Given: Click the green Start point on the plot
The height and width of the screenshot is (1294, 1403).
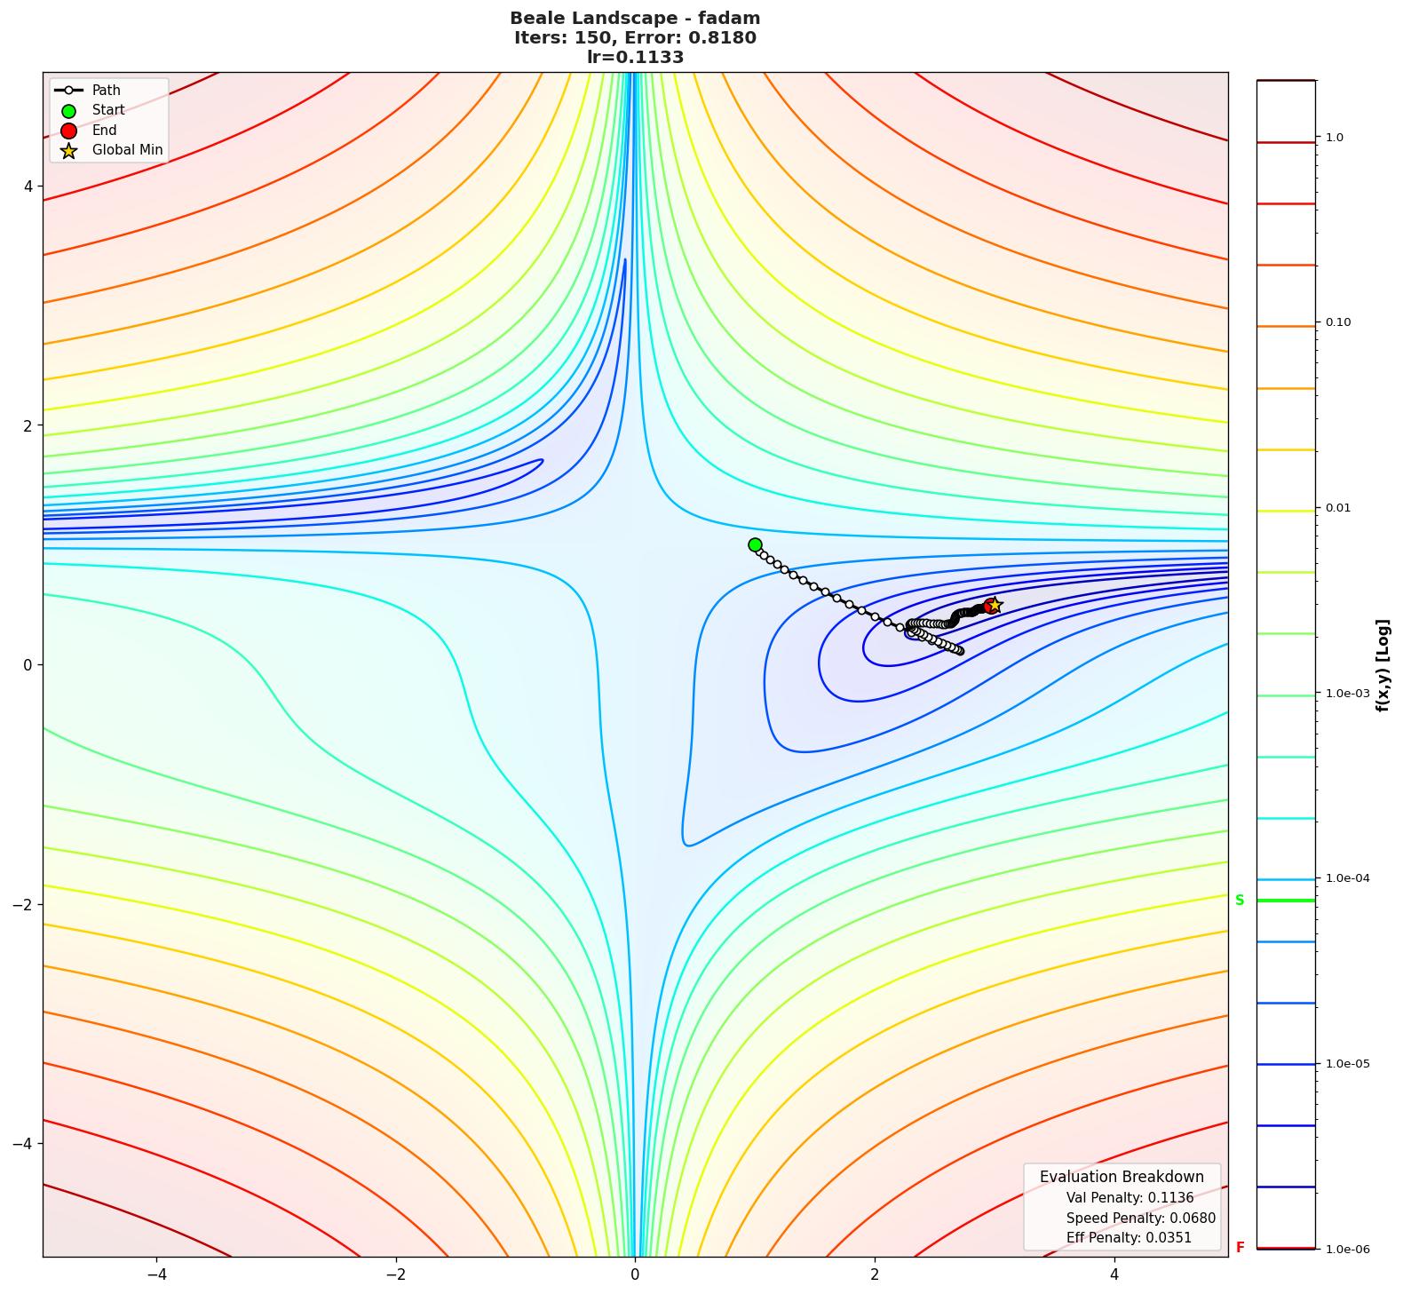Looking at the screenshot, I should pos(755,544).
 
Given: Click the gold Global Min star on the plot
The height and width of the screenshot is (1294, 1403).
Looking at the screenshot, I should pos(995,605).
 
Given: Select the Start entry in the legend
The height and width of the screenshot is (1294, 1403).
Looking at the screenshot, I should pos(108,110).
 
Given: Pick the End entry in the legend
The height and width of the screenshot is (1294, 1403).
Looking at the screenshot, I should pos(104,130).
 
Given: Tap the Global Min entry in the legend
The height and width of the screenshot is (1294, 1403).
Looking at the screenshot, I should pos(127,150).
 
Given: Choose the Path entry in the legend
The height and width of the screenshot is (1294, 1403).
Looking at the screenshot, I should pos(106,90).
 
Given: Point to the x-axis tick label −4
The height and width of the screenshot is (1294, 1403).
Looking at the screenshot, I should pos(156,1274).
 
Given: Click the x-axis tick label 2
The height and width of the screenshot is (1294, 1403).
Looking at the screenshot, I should pos(875,1274).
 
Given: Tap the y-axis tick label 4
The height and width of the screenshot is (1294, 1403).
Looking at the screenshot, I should pos(28,187).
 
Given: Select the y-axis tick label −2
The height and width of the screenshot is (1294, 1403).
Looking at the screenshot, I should pos(23,904).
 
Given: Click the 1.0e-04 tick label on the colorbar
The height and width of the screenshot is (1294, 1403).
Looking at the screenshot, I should pos(1347,878).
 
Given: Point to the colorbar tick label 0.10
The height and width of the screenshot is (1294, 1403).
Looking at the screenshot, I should pos(1338,322).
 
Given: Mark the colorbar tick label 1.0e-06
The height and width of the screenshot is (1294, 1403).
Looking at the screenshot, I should pos(1347,1250).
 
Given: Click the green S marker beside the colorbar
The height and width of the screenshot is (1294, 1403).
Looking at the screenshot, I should pos(1240,901).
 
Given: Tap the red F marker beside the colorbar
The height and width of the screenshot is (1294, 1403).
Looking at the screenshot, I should pos(1240,1248).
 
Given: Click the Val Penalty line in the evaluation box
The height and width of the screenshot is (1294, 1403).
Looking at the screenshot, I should pos(1130,1198).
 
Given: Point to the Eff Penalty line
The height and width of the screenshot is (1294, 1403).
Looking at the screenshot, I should pos(1129,1237).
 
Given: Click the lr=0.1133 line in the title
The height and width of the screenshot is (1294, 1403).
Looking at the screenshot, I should pos(635,58).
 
